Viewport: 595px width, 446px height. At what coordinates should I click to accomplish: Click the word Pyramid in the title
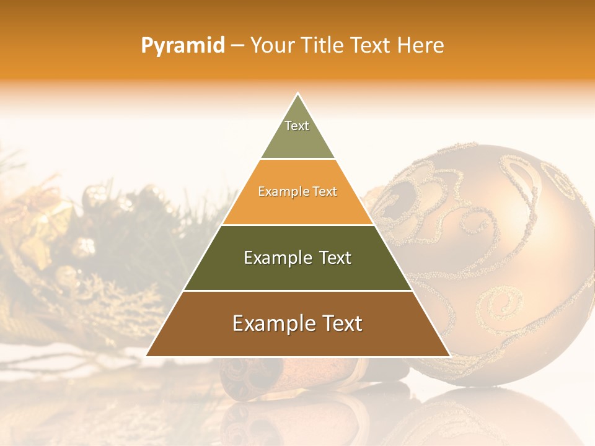pos(182,46)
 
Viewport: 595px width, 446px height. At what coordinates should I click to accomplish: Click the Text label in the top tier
pos(297,126)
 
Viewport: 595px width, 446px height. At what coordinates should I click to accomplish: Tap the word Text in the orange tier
pos(322,191)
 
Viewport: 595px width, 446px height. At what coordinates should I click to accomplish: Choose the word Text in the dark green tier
pos(335,258)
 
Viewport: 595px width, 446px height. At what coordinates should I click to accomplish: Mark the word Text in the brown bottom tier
pos(340,323)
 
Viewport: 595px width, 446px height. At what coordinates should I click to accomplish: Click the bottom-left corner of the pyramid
pos(147,356)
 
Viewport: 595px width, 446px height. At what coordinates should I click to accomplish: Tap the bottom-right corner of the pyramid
pos(449,356)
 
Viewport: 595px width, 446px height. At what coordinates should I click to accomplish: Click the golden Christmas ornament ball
pos(496,260)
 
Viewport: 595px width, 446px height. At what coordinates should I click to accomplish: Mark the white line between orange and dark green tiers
pos(297,225)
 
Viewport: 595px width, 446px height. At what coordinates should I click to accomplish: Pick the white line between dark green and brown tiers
pos(297,291)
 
